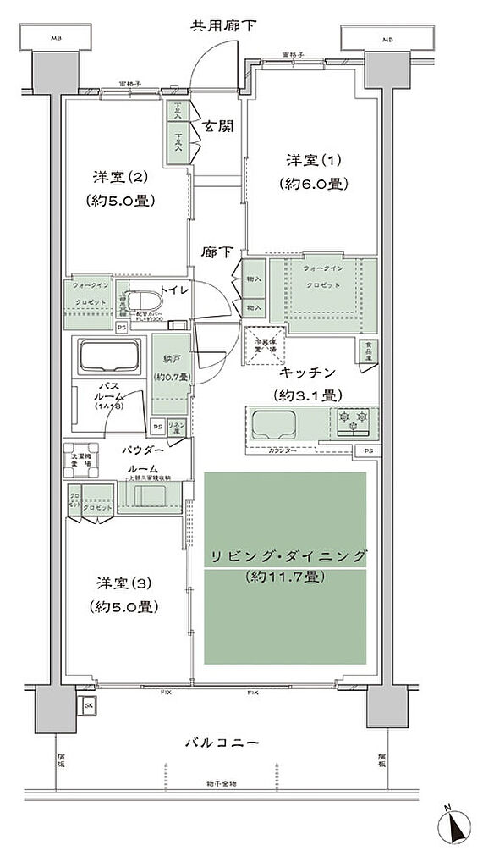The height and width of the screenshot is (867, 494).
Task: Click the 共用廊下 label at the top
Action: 222,25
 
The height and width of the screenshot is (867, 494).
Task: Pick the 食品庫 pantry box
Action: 368,351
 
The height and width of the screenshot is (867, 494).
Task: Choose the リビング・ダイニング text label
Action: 284,556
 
